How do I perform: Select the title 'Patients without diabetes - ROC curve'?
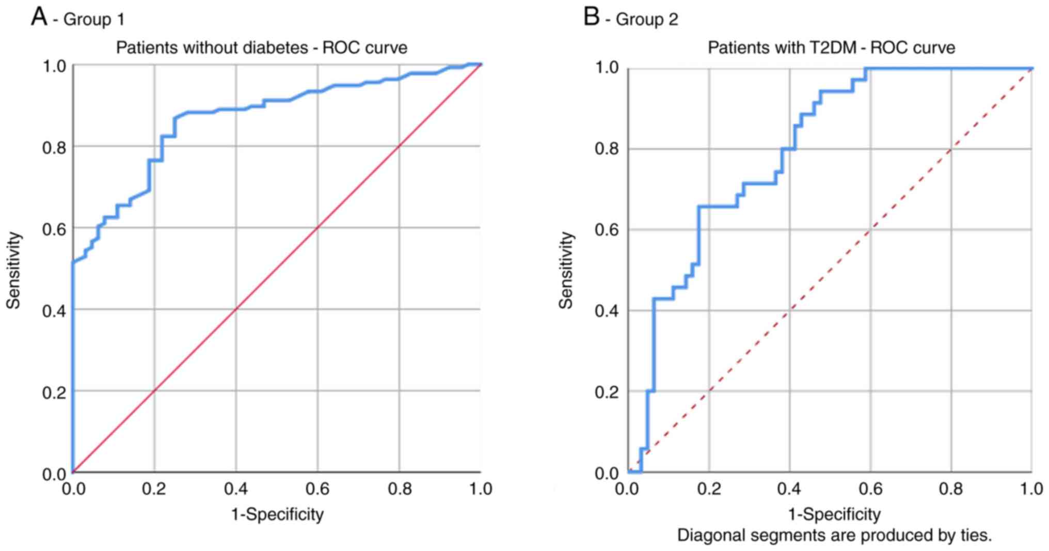261,48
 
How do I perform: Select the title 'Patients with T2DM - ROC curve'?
831,48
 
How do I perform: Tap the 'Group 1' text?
93,20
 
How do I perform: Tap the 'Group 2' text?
646,20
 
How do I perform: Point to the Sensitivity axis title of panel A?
14,270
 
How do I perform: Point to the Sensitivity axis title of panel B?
566,270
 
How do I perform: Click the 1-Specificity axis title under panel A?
277,514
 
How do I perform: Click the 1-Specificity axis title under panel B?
834,514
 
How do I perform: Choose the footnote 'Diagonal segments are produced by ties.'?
834,535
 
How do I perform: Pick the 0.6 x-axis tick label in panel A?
317,489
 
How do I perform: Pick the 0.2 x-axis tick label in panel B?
708,489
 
